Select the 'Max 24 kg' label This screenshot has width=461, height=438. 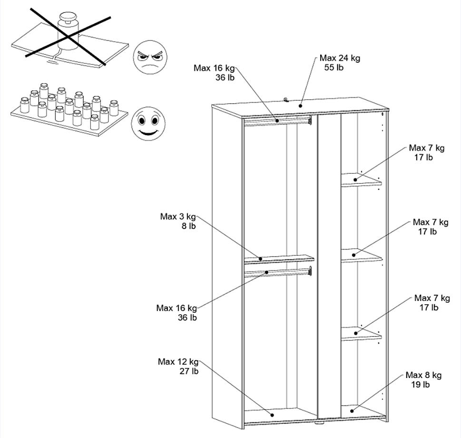pos(340,58)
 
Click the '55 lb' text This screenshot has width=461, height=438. pos(333,68)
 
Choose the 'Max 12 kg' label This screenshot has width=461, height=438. pos(178,362)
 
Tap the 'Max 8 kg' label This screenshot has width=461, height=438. pos(423,375)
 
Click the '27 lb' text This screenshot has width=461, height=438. pos(189,371)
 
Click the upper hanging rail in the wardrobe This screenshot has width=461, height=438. pos(277,121)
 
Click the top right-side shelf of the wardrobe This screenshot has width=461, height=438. pos(361,180)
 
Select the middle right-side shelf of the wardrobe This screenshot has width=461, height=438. pos(361,256)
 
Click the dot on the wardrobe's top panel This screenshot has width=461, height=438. pos(301,105)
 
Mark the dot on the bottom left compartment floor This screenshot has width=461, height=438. pos(273,415)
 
